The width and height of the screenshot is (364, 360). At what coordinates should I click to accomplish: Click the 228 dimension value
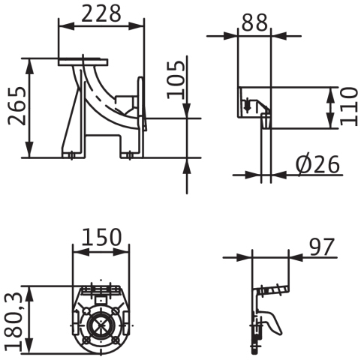pyautogui.click(x=101, y=13)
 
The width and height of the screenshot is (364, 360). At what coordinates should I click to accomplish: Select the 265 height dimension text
pyautogui.click(x=17, y=106)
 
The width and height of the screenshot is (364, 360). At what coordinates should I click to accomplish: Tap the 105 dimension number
pyautogui.click(x=176, y=79)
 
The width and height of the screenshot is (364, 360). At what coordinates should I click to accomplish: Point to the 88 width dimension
pyautogui.click(x=254, y=22)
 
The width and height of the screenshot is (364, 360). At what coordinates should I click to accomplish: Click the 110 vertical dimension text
pyautogui.click(x=348, y=106)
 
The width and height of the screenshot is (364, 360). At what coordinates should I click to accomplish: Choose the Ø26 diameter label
pyautogui.click(x=317, y=164)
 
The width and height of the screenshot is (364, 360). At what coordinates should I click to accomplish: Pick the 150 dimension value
pyautogui.click(x=101, y=236)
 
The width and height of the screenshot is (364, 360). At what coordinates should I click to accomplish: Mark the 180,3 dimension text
pyautogui.click(x=14, y=322)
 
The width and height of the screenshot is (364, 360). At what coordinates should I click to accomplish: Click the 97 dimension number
pyautogui.click(x=322, y=247)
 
